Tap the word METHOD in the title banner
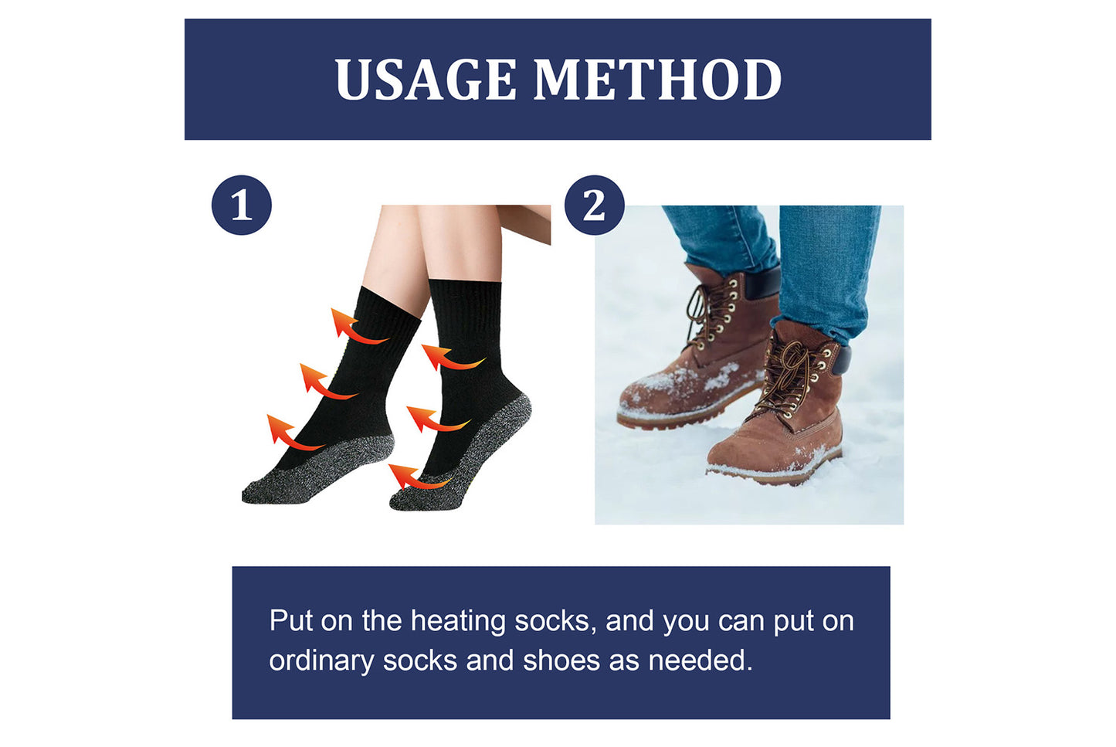tap(657, 80)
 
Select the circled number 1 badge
tap(242, 205)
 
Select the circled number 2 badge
tap(594, 205)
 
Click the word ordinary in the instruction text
tap(321, 661)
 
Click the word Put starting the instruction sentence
tap(290, 621)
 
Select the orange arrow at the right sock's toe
tap(414, 478)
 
